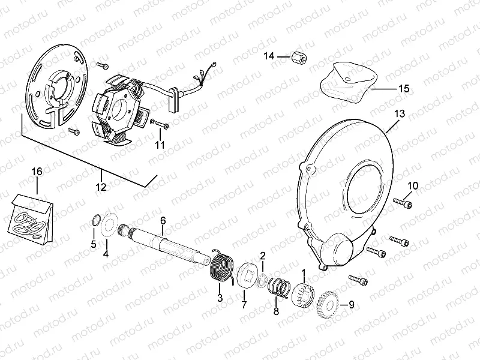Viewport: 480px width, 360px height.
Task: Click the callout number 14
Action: point(269,56)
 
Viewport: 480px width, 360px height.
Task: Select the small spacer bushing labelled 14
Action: point(299,58)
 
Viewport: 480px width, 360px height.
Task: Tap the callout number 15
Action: point(404,88)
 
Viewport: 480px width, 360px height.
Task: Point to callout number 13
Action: point(400,113)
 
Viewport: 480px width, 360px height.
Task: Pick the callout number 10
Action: point(413,186)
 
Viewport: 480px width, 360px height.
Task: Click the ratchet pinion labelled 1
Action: point(302,295)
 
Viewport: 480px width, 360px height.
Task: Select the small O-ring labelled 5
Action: point(96,221)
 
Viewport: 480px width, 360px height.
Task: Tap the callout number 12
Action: point(101,187)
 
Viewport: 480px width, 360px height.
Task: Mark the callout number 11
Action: point(160,145)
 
